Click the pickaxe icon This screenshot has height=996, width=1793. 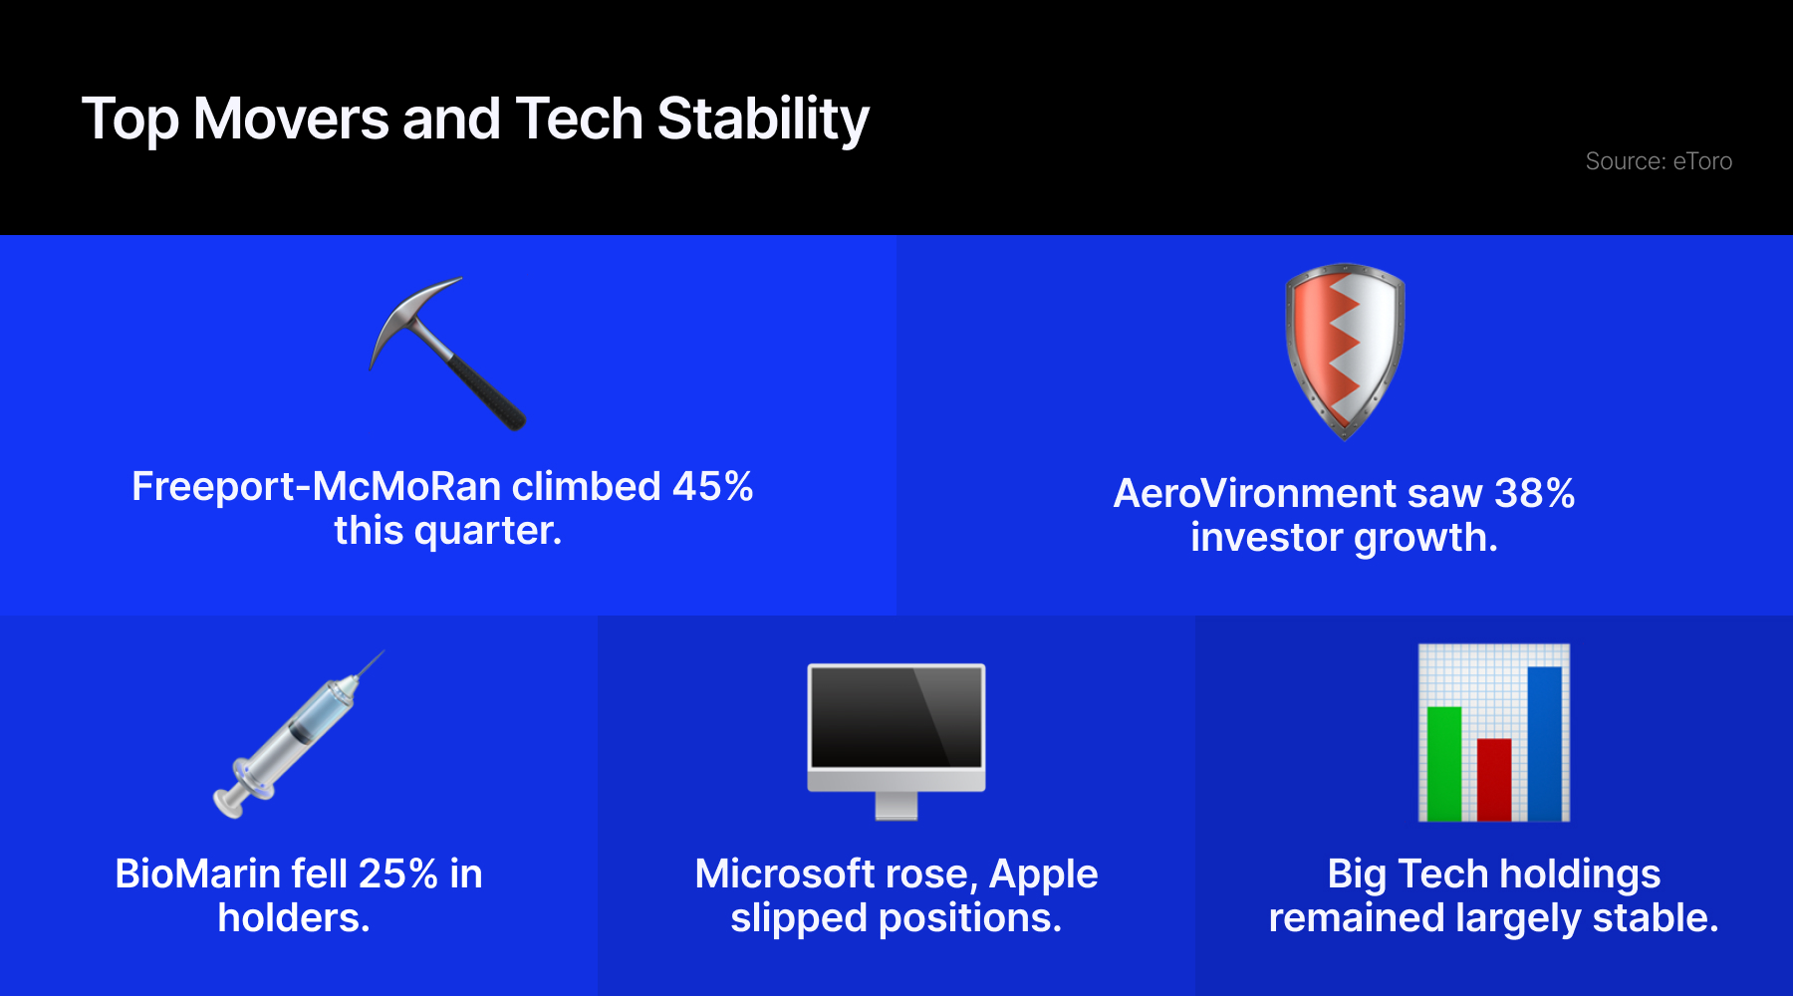click(x=447, y=353)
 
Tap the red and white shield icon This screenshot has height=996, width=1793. click(x=1345, y=351)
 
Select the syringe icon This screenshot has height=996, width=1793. click(x=297, y=735)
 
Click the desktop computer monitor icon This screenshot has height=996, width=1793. click(x=896, y=741)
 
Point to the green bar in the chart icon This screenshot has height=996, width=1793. click(x=1444, y=764)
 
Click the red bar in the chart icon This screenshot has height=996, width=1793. click(x=1494, y=780)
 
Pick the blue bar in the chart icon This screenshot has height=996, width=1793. click(x=1544, y=744)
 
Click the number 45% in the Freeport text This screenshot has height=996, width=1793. click(x=713, y=487)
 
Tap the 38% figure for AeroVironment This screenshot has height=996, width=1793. click(x=1535, y=494)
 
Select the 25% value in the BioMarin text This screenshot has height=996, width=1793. click(x=398, y=874)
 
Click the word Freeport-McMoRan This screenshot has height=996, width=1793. click(x=317, y=487)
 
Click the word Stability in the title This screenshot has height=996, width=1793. click(x=763, y=121)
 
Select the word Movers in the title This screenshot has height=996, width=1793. click(x=291, y=120)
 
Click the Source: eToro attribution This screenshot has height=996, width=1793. click(x=1659, y=161)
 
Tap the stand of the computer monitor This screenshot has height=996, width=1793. click(x=896, y=806)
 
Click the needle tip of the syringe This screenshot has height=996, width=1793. click(x=384, y=651)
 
